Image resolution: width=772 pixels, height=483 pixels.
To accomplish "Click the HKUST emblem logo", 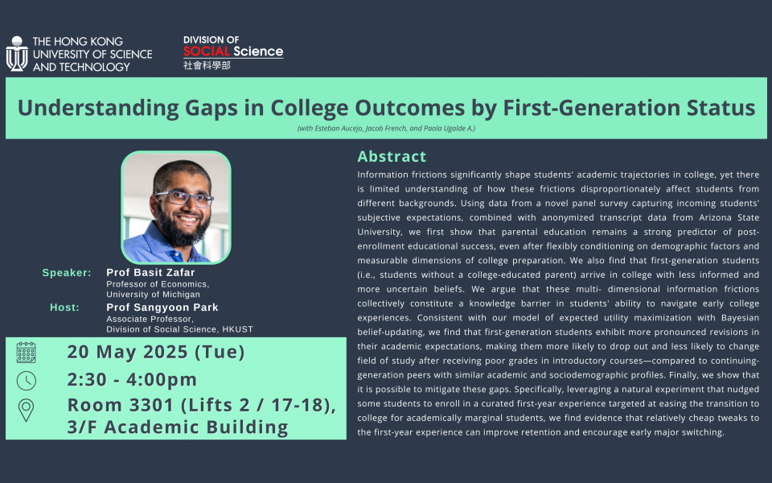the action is click(17, 54).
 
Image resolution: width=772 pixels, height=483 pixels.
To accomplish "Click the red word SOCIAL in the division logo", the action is click(207, 52).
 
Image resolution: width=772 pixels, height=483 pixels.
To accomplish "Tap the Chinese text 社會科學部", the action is click(207, 65).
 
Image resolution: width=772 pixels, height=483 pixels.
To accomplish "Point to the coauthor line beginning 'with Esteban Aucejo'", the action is click(386, 129).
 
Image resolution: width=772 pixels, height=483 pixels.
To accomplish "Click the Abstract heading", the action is click(392, 156).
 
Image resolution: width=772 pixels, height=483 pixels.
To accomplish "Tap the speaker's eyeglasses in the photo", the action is click(185, 198).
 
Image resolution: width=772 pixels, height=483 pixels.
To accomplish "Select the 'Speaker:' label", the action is click(67, 273).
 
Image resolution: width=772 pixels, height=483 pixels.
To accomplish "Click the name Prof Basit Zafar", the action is click(150, 273).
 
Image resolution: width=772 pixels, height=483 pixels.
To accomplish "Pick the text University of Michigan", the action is click(153, 295).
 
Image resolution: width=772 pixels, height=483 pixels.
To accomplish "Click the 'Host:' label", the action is click(64, 308).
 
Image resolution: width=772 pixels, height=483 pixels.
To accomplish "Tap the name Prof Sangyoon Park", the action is click(162, 308).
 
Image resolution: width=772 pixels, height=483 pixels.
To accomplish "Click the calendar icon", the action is click(26, 353).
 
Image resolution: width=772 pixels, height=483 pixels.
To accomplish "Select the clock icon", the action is click(26, 381).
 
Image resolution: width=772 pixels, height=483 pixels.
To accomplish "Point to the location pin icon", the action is click(26, 410).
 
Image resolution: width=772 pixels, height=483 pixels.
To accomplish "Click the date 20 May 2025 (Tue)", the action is click(156, 352).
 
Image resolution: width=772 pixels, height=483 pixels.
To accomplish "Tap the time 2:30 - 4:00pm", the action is click(132, 379).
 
